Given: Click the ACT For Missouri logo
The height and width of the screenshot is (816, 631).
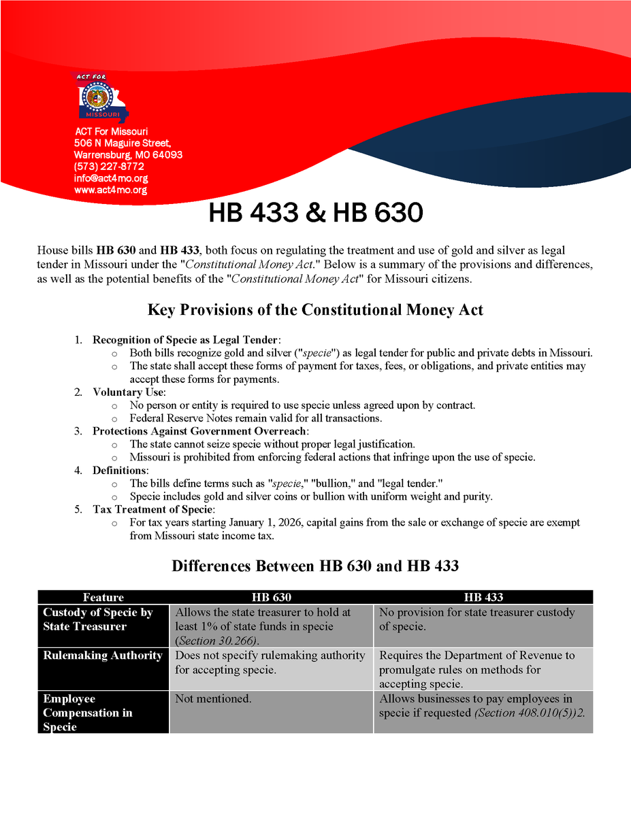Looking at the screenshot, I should pos(101,98).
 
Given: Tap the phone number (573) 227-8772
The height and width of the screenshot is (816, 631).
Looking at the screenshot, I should pos(109,167).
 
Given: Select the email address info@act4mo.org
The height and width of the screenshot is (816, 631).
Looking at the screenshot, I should pos(111,178).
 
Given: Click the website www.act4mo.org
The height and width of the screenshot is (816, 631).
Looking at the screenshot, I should pos(110,190).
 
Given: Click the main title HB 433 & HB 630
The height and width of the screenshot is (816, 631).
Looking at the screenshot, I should pos(315,214).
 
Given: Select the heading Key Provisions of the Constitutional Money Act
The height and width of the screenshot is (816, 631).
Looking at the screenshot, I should pos(315,310).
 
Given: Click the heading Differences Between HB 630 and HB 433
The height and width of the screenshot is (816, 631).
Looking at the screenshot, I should pos(315,566).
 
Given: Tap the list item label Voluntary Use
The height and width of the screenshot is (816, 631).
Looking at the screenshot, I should pos(128,392).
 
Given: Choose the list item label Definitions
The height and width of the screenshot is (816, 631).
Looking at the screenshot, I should pos(120,471).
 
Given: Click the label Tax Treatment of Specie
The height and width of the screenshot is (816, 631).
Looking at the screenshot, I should pos(153,509).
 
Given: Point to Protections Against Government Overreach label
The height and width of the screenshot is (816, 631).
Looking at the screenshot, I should pos(200,431).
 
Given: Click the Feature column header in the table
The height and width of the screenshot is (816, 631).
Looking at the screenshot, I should pos(103,597).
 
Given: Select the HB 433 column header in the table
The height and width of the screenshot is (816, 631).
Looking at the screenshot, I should pos(483,597).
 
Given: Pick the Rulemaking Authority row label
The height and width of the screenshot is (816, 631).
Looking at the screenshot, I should pos(103,656).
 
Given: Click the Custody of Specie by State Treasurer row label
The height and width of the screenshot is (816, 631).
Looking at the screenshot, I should pos(98,619).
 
